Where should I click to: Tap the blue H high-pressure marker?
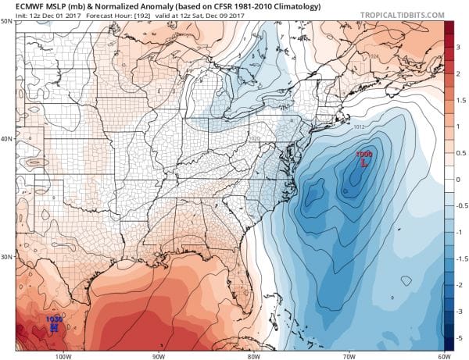(54, 327)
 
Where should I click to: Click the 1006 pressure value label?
(363, 155)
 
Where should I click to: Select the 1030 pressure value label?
(54, 319)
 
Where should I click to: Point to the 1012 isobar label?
(359, 125)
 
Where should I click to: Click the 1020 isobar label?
(254, 138)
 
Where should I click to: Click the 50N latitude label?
(7, 21)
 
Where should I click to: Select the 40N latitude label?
(7, 140)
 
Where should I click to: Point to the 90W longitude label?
(159, 354)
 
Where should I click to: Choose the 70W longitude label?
(349, 354)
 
